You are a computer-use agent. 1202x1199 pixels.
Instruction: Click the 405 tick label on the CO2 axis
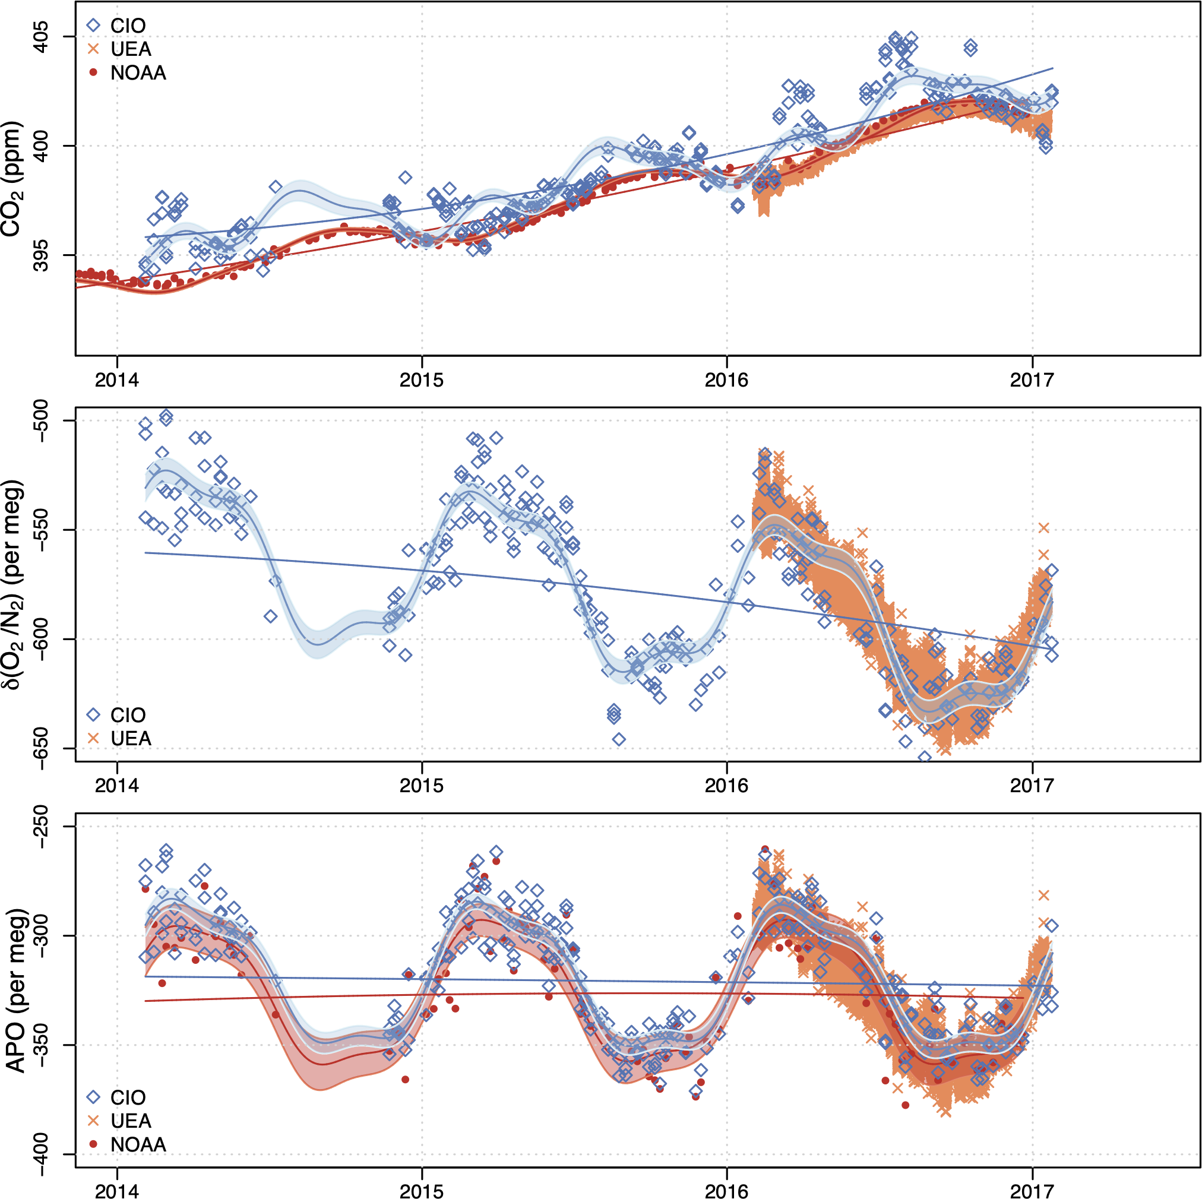41,37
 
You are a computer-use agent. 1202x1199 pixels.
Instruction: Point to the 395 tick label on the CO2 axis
41,255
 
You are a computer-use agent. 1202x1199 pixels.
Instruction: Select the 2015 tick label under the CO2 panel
421,379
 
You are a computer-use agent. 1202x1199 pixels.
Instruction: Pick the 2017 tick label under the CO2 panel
1032,379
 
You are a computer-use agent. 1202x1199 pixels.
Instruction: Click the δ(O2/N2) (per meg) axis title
14,584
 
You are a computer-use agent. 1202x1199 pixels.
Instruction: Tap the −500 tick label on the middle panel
41,421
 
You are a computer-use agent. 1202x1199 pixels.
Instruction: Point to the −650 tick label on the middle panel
41,748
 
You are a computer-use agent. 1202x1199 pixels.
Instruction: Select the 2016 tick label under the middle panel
726,785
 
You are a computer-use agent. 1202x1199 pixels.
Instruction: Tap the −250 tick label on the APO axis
41,827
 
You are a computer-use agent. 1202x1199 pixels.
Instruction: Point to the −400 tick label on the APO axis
41,1155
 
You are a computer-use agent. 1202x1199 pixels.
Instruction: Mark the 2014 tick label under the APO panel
116,1191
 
